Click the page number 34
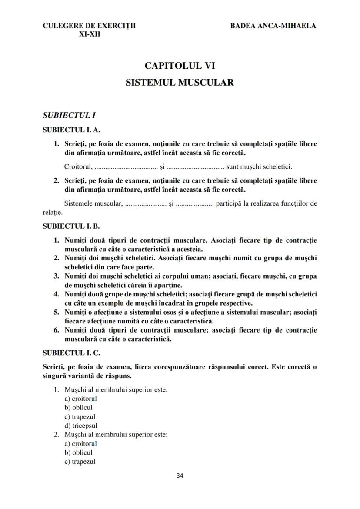coord(180,475)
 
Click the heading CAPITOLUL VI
coord(180,66)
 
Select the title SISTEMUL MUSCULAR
coord(180,82)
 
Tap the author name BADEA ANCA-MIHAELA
coord(273,26)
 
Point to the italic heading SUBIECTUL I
coord(69,116)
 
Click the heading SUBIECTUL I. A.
coord(71,130)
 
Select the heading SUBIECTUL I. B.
coord(71,226)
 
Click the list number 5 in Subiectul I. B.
coord(56,312)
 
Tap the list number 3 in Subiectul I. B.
coord(56,276)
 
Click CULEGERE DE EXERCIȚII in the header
coord(89,26)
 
